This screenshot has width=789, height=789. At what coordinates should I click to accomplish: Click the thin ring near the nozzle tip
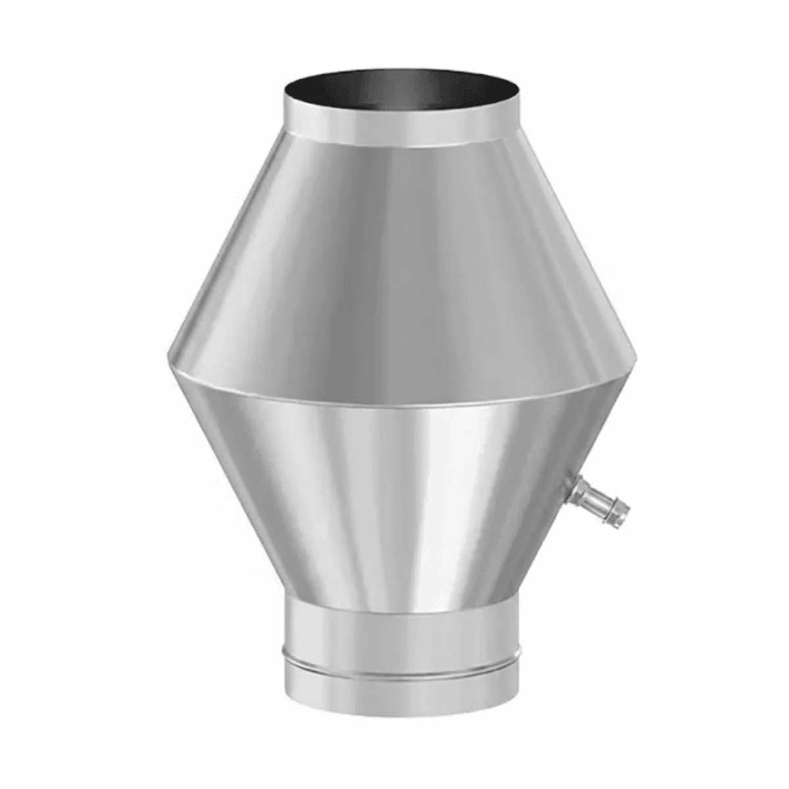pyautogui.click(x=615, y=505)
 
